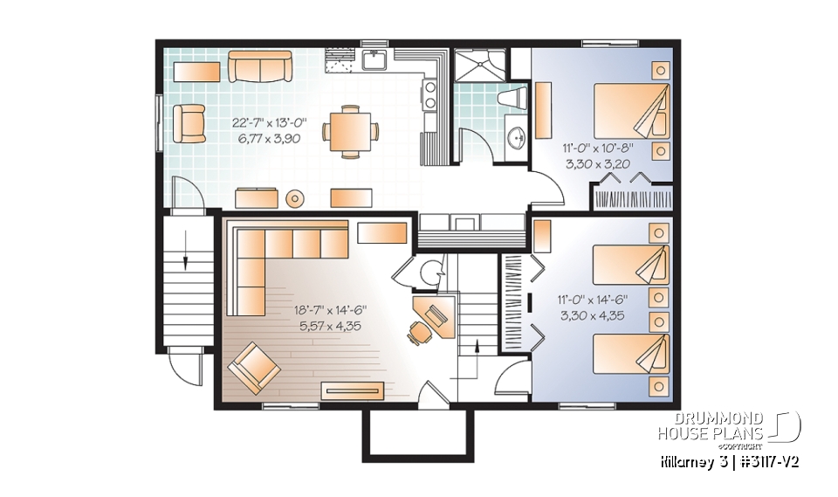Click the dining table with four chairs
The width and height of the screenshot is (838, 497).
[350, 132]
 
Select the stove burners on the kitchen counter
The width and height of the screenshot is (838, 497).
[430, 95]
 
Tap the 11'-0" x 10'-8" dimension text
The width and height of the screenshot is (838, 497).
[594, 149]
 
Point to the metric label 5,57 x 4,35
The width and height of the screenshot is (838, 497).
[329, 326]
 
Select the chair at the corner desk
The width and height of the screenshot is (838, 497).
[418, 332]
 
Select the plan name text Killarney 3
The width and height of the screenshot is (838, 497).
[689, 460]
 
